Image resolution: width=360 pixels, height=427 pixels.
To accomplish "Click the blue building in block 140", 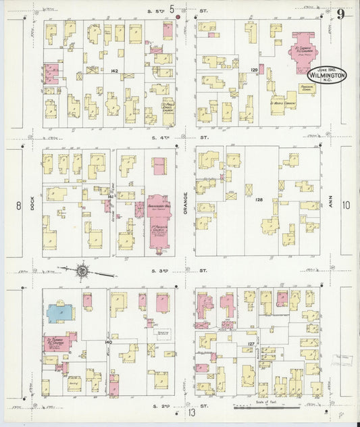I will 60,311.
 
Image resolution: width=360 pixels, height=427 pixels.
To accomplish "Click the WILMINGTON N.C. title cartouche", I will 328,75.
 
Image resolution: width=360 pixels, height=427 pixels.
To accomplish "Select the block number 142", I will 114,70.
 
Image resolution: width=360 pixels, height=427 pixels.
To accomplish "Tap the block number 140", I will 108,343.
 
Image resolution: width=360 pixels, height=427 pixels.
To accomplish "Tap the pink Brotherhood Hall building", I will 160,207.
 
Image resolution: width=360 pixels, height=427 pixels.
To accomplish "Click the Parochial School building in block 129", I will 308,89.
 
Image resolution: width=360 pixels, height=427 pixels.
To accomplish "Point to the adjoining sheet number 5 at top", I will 172,9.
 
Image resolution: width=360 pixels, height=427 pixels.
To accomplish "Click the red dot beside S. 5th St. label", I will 178,18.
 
